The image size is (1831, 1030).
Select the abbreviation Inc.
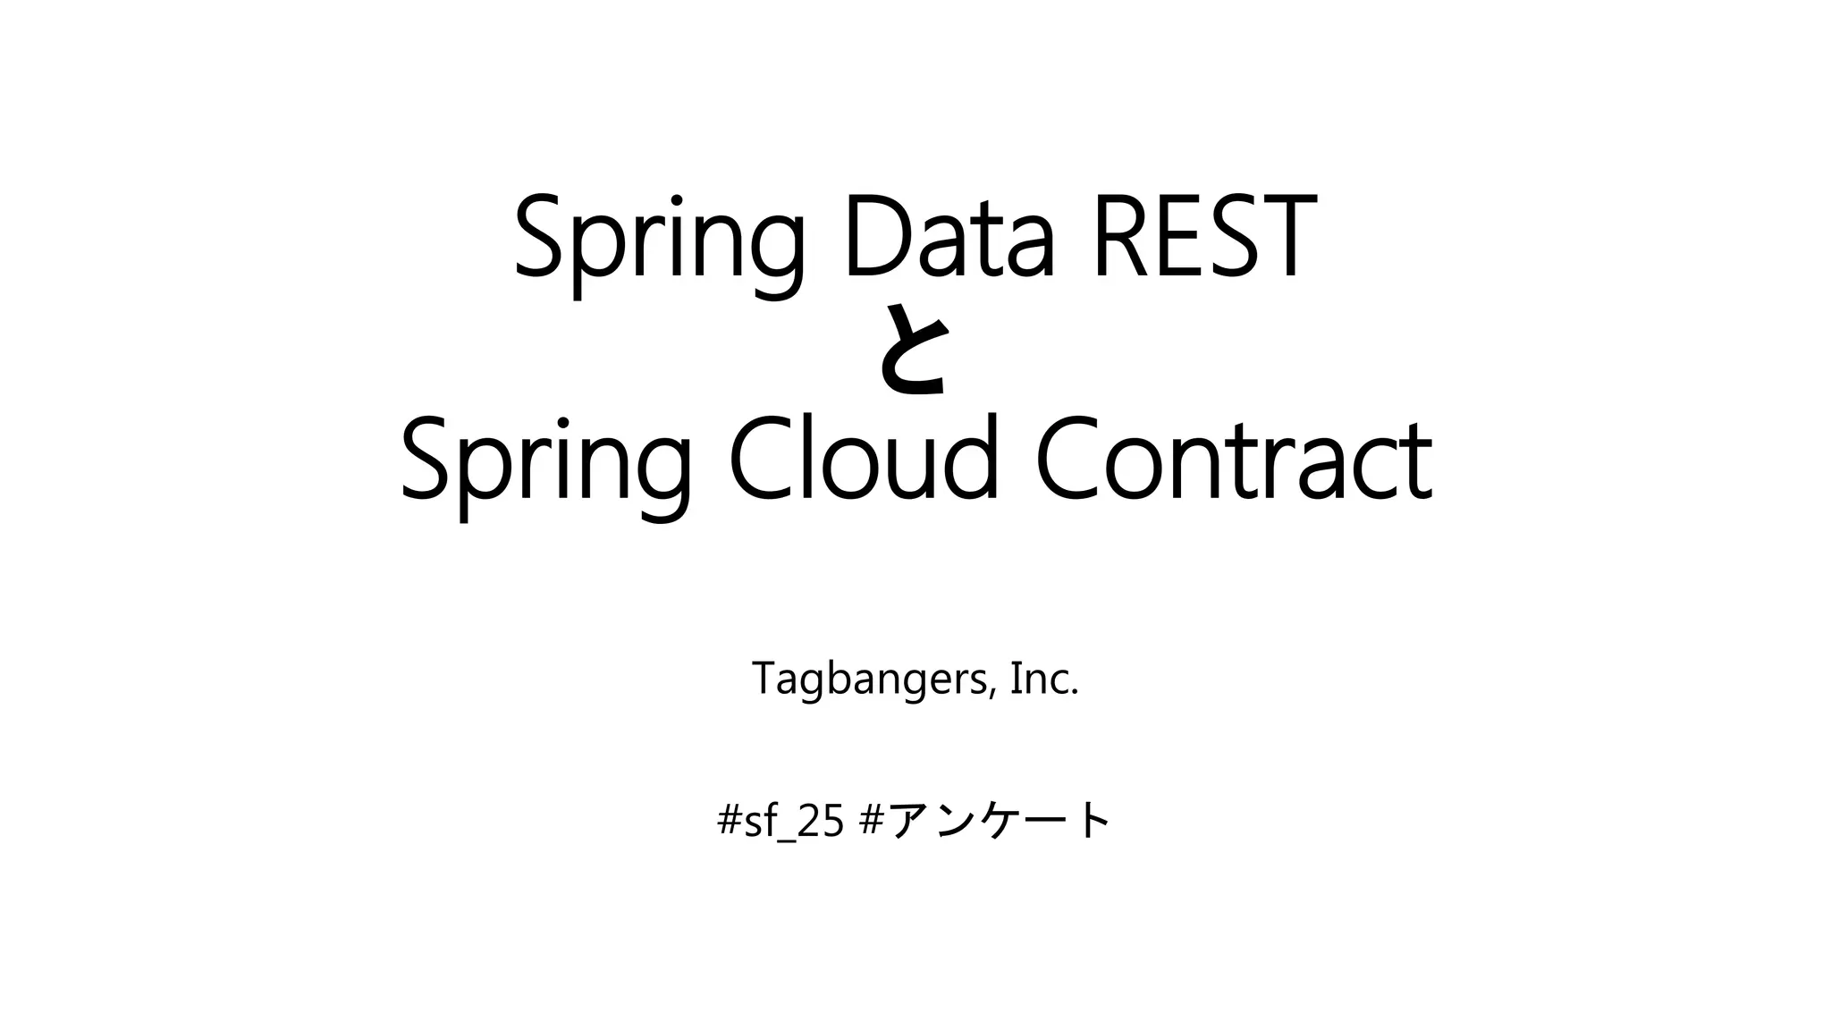pos(1044,679)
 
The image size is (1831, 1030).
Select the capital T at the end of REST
pos(1284,237)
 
